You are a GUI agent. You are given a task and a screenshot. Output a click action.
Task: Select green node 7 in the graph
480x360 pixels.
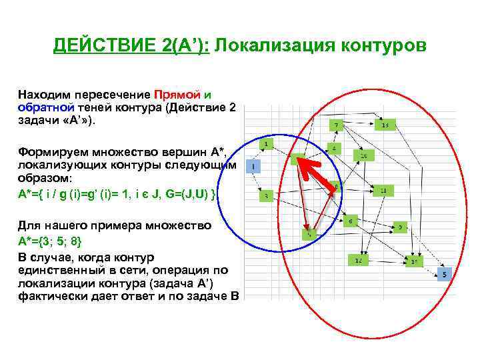pyautogui.click(x=338, y=125)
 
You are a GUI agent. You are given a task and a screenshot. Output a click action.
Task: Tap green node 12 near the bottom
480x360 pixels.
pyautogui.click(x=358, y=260)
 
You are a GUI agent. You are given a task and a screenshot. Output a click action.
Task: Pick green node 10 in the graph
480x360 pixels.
pyautogui.click(x=363, y=155)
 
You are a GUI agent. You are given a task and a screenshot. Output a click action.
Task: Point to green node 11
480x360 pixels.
pyautogui.click(x=383, y=191)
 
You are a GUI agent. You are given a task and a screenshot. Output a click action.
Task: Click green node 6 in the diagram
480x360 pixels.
pyautogui.click(x=350, y=221)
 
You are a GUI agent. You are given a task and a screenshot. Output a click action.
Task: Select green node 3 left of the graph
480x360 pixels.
pyautogui.click(x=266, y=195)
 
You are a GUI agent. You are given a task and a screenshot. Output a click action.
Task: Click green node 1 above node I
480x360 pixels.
pyautogui.click(x=266, y=144)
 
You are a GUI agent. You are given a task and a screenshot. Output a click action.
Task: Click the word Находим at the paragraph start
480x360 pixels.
pyautogui.click(x=44, y=94)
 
